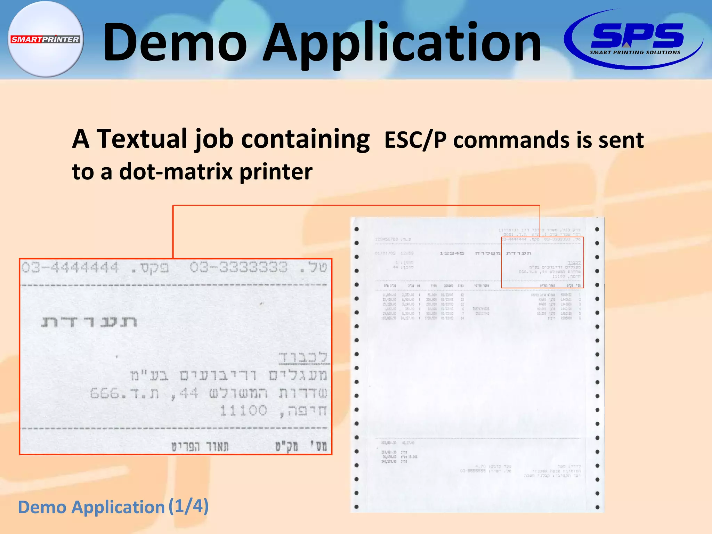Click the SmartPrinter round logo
pos(46,39)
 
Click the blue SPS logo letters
pos(637,35)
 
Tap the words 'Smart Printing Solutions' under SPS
pos(635,52)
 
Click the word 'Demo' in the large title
pos(175,42)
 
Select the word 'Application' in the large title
pos(402,44)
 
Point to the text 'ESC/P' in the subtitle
pos(415,140)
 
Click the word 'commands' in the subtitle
pos(511,140)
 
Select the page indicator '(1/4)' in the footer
pos(188,506)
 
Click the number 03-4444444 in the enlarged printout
pos(70,268)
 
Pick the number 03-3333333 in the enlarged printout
pos(238,267)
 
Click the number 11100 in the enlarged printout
pos(243,411)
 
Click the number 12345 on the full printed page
pos(452,253)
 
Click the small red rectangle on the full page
pos(542,262)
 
